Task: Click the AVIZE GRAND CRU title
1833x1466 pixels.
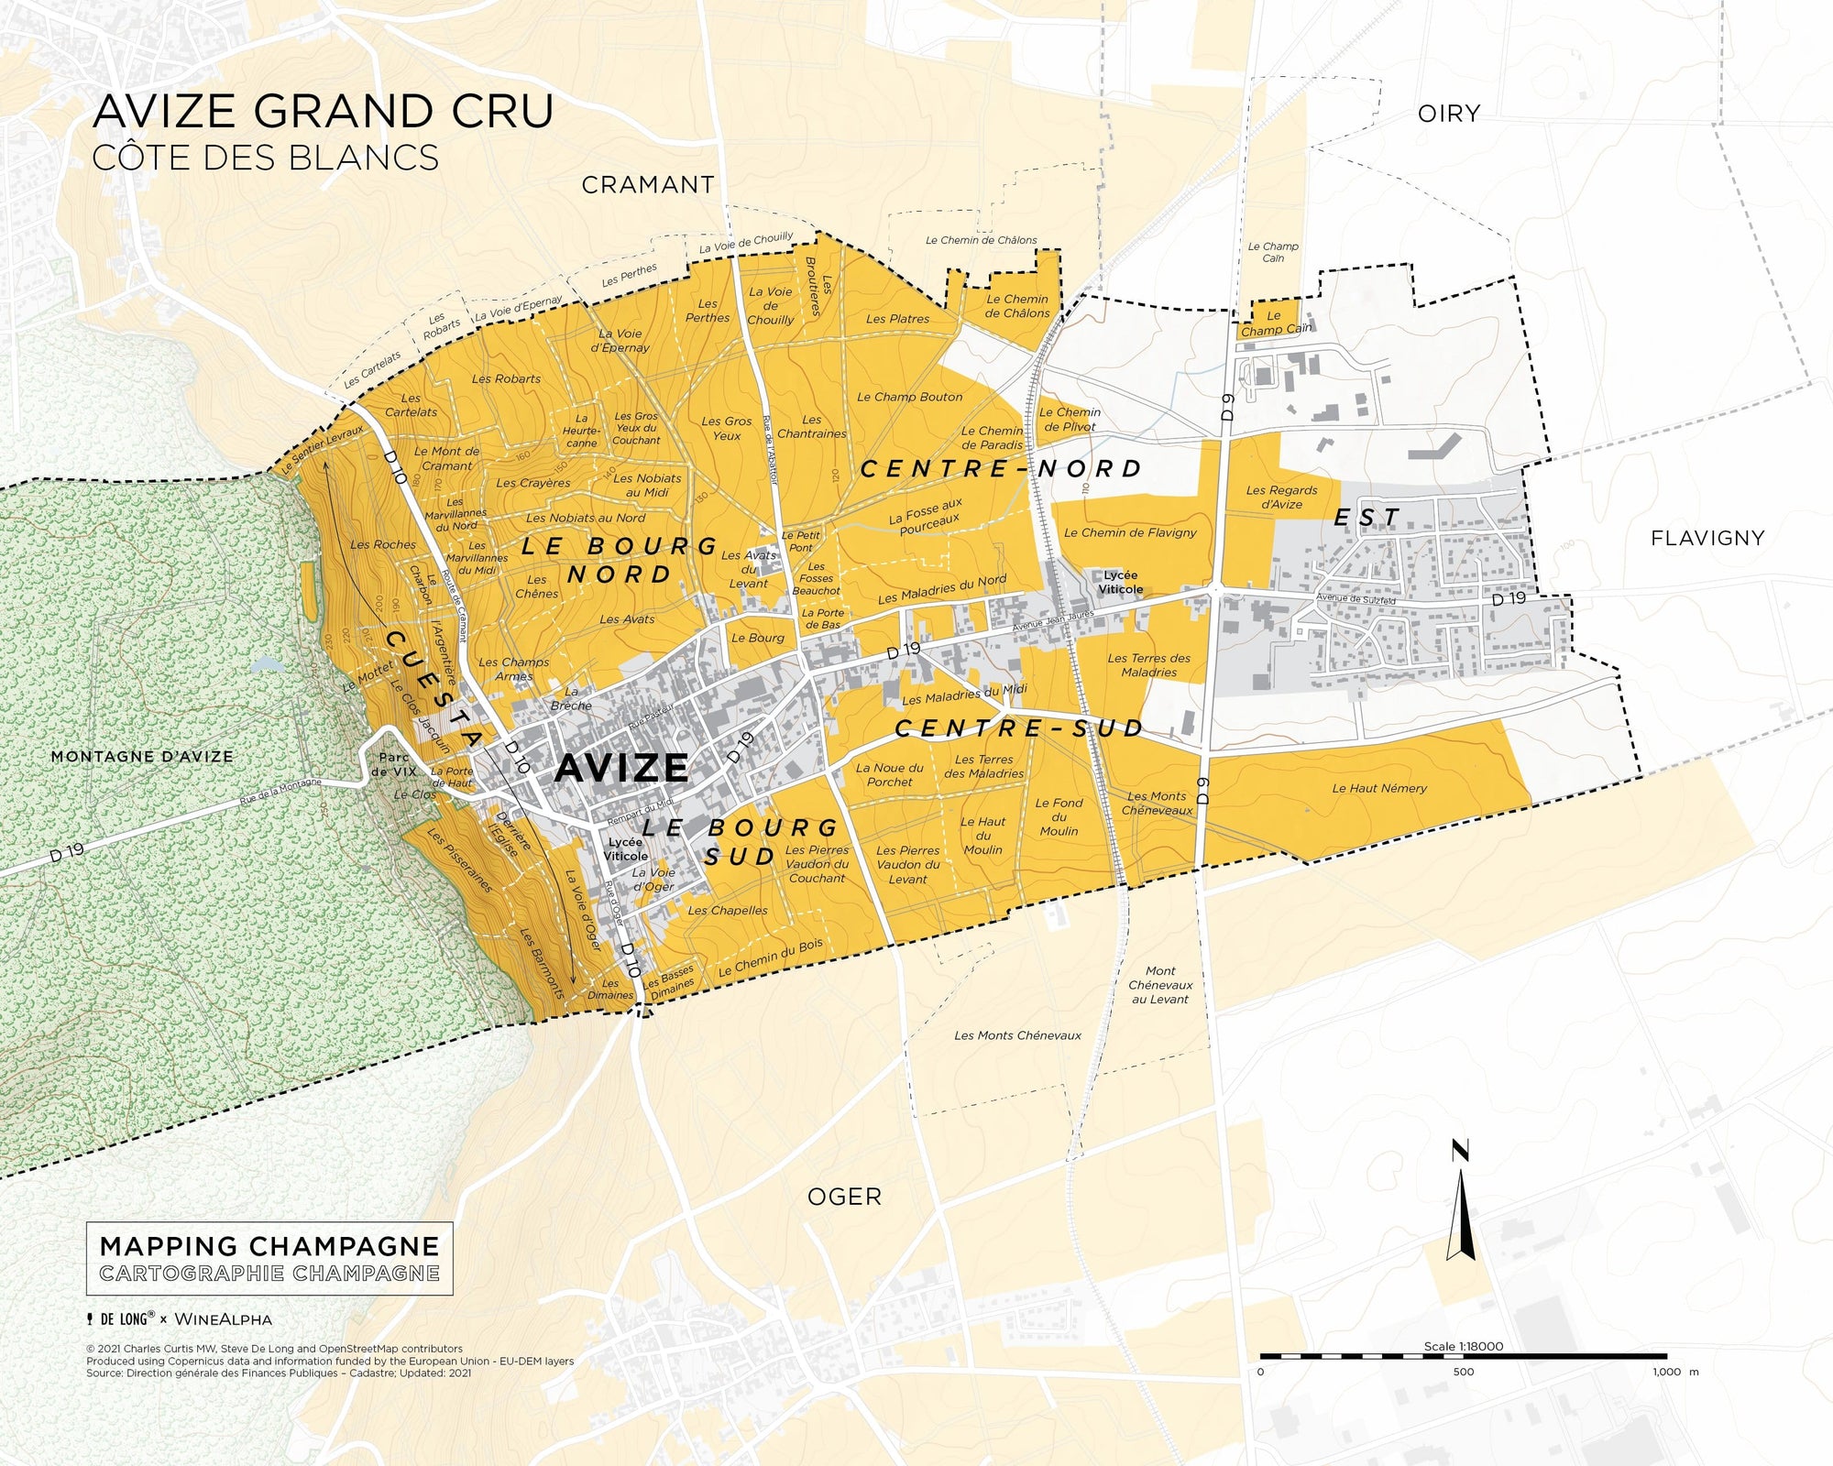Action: tap(323, 111)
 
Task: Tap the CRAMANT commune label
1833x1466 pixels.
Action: tap(647, 185)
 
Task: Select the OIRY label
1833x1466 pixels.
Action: tap(1448, 114)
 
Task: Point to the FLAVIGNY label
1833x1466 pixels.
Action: tap(1707, 538)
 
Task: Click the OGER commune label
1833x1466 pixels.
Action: tap(843, 1197)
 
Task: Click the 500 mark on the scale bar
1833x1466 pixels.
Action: tap(1463, 1372)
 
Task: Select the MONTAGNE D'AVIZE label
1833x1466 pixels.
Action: tap(142, 757)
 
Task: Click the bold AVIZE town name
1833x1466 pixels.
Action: tap(620, 768)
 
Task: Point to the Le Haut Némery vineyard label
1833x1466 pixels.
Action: tap(1378, 788)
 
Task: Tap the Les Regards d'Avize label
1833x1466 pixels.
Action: tap(1281, 498)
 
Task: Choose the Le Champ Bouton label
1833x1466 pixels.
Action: tap(909, 397)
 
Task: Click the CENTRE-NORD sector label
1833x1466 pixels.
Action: tap(1000, 469)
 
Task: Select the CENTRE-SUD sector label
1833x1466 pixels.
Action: tap(1018, 728)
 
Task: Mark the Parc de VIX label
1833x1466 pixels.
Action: tap(394, 764)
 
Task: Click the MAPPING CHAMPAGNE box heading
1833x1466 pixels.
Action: tap(269, 1246)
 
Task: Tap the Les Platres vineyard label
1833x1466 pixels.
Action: tap(897, 319)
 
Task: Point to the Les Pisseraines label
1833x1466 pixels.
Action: tap(460, 861)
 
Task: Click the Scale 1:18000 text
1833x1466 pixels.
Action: tap(1463, 1346)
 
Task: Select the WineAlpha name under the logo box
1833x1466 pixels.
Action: tap(223, 1319)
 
